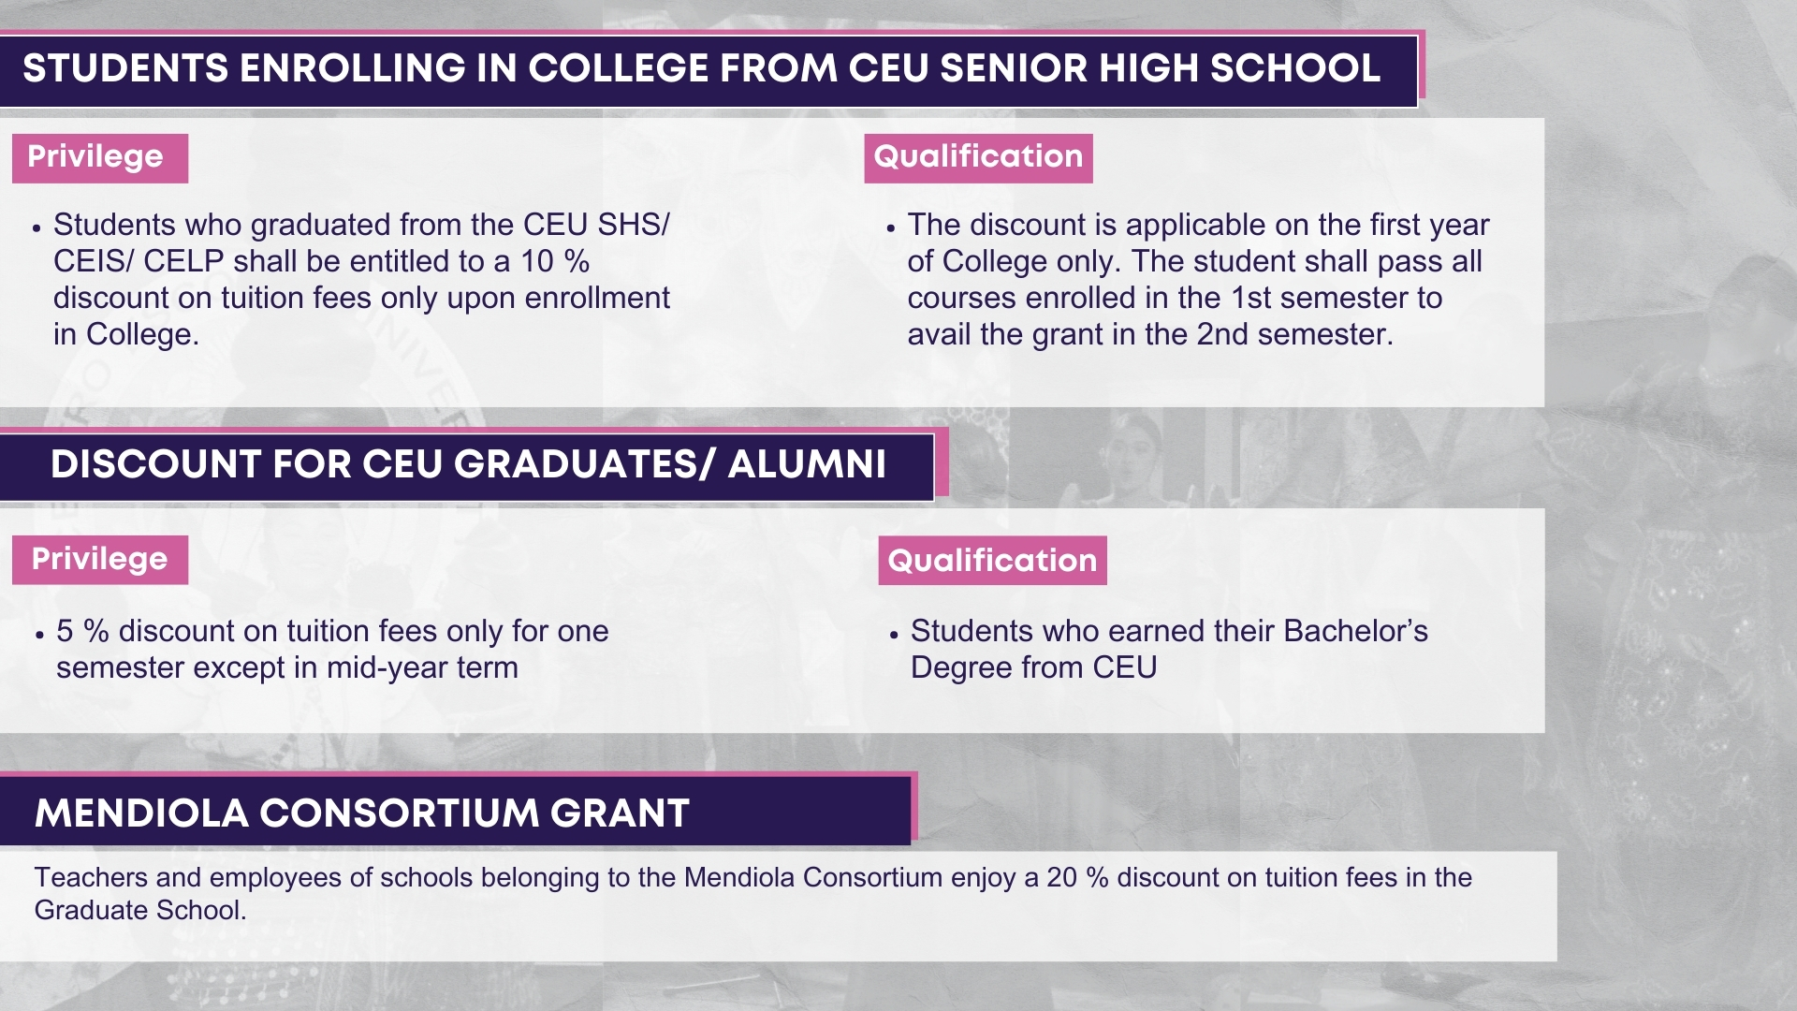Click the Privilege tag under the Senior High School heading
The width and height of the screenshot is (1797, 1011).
click(100, 158)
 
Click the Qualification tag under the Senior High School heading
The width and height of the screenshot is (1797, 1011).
click(978, 158)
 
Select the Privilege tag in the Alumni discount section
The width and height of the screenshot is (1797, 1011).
click(100, 560)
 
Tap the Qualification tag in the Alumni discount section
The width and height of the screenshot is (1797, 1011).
click(992, 560)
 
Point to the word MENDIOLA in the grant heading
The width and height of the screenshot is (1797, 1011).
click(141, 813)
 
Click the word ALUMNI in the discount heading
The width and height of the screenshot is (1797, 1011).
click(807, 464)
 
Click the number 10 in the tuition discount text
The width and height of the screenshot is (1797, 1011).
click(537, 261)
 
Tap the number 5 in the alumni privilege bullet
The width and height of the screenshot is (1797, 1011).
click(65, 631)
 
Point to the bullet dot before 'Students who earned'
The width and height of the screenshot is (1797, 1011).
click(894, 635)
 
